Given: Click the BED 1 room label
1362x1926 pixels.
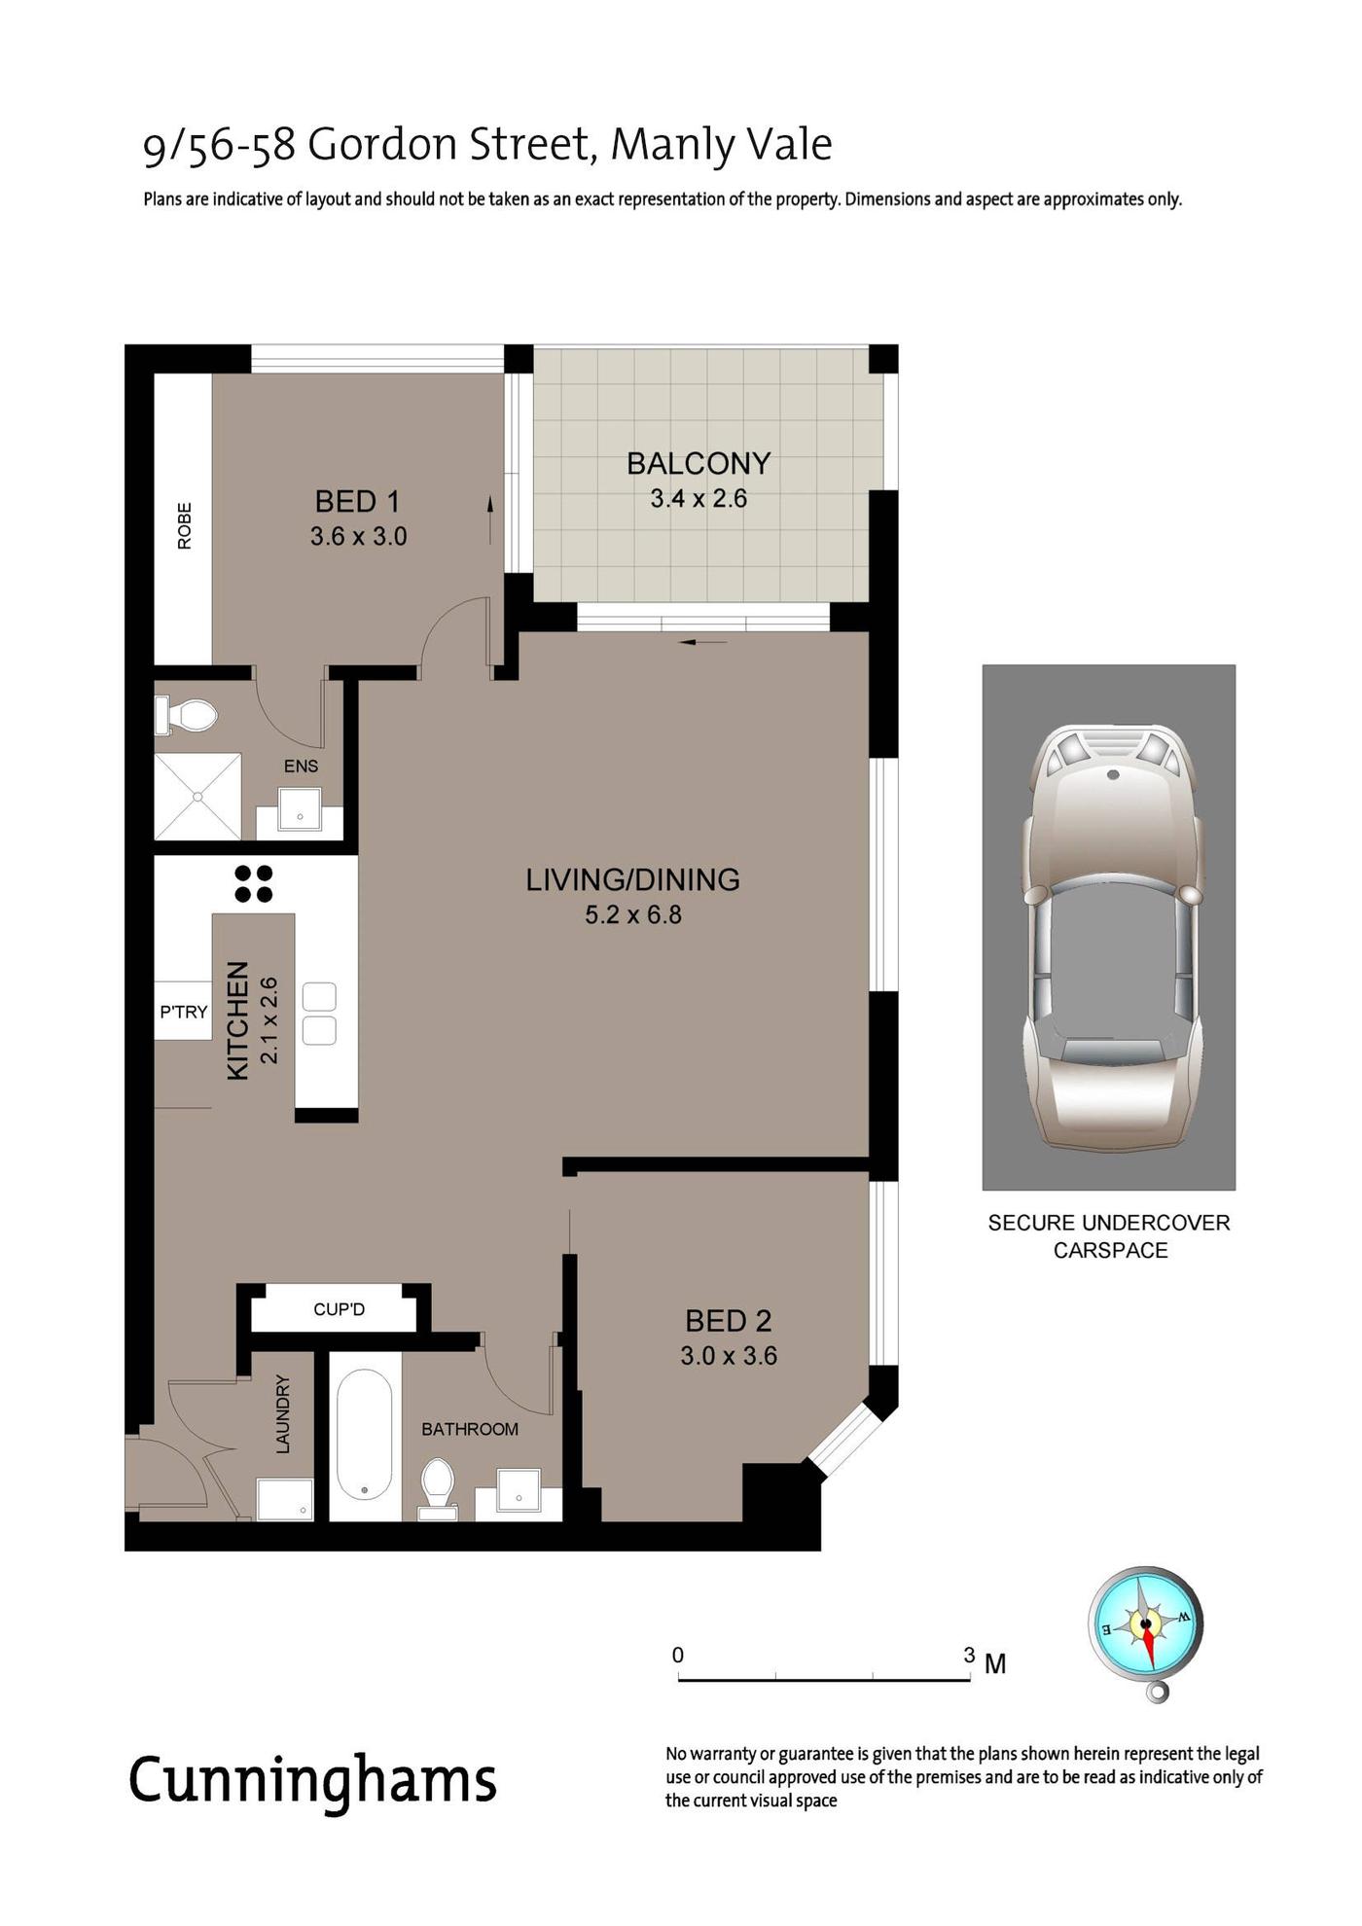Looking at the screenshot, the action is [357, 501].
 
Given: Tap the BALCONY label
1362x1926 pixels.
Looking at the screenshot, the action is [699, 463].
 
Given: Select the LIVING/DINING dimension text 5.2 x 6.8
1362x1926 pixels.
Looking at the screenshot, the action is [633, 914].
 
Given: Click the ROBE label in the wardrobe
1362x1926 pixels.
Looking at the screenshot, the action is [184, 525].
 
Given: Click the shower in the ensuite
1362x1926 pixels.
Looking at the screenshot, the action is [197, 796].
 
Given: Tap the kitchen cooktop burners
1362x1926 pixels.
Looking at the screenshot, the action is [254, 883].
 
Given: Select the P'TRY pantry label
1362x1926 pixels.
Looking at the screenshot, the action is [184, 1012].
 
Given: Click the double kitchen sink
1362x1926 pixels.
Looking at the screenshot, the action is [319, 1014].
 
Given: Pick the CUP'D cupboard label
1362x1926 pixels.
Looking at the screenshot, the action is [340, 1309].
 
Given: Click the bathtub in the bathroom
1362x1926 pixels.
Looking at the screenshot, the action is [365, 1435].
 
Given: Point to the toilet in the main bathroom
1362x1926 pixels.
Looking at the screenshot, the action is [438, 1488].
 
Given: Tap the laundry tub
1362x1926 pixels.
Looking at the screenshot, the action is [285, 1499].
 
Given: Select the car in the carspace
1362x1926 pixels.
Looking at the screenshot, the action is [1112, 938].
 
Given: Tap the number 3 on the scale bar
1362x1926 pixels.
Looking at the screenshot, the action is [969, 1655].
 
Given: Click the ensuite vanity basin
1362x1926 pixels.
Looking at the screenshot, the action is [300, 809].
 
